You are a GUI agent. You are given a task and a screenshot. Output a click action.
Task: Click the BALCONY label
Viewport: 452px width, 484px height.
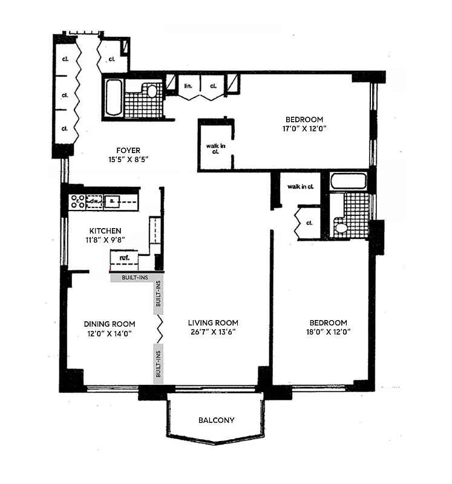[216, 420]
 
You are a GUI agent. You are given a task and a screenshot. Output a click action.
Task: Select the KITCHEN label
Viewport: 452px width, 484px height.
[106, 231]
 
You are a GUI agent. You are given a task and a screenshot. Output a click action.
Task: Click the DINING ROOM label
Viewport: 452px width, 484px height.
[110, 323]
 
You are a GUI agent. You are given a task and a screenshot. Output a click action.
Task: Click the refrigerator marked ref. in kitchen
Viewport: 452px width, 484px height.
[124, 258]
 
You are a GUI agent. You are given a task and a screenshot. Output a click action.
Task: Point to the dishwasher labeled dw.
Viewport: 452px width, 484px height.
[94, 201]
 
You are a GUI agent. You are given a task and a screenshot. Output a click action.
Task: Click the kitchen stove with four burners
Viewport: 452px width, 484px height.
[77, 201]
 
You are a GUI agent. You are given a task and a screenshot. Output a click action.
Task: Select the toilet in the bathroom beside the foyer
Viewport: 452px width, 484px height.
[151, 91]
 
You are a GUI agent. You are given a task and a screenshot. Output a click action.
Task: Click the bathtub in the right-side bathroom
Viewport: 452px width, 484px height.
[348, 181]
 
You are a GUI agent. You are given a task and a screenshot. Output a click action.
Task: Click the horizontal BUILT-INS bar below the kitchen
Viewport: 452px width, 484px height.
[137, 278]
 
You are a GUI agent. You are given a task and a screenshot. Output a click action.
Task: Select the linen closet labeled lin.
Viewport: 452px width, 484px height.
[188, 86]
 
